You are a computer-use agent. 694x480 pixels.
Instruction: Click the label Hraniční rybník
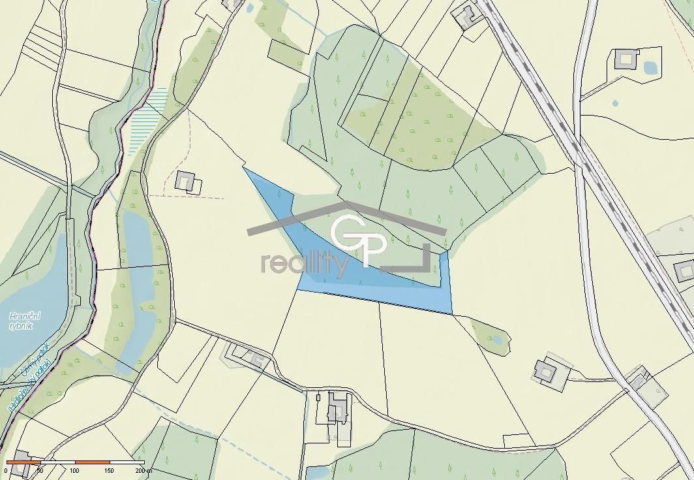[x=26, y=322]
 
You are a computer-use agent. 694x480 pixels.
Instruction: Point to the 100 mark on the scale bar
[x=74, y=470]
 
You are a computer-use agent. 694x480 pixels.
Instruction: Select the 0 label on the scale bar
[x=6, y=470]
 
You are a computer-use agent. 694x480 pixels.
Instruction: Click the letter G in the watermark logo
[x=346, y=234]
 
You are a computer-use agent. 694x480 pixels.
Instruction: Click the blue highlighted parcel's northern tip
[x=246, y=170]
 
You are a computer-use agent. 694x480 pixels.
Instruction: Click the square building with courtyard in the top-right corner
[x=626, y=59]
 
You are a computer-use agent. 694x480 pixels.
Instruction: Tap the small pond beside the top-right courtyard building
[x=650, y=67]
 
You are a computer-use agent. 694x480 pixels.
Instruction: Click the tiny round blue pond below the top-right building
[x=615, y=103]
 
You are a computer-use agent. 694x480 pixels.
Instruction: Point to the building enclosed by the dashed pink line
[x=186, y=181]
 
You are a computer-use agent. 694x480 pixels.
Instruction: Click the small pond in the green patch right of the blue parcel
[x=498, y=339]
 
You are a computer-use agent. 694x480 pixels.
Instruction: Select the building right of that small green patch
[x=545, y=371]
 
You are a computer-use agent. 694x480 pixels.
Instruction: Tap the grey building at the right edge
[x=684, y=269]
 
